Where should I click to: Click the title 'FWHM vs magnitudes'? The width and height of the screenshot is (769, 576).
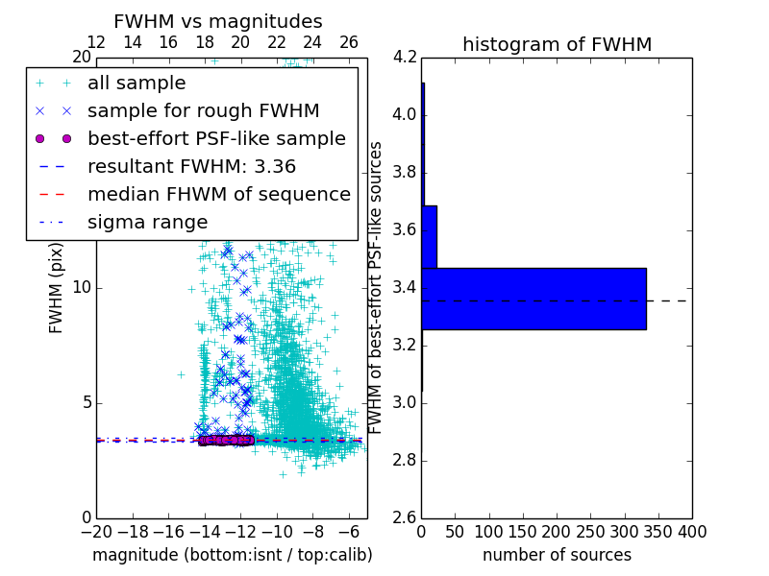point(218,21)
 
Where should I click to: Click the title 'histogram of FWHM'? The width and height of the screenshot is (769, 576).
point(557,44)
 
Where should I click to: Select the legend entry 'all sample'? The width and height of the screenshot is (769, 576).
point(136,84)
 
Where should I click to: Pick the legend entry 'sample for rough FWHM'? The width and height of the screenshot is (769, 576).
point(203,111)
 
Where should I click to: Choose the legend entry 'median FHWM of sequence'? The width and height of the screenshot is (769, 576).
point(218,194)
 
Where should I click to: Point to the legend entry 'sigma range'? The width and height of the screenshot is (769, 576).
point(147,222)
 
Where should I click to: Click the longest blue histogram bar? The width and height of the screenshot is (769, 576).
point(533,299)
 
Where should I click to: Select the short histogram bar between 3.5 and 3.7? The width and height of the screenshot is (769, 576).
point(429,236)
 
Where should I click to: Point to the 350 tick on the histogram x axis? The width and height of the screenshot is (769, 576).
point(658,531)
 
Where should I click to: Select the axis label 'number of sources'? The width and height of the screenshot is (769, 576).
point(557,555)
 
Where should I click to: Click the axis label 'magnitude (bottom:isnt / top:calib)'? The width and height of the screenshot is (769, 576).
point(232,555)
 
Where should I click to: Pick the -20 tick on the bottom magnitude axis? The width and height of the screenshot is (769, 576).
point(96,531)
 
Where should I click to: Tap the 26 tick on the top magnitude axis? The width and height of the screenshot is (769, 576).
point(349,42)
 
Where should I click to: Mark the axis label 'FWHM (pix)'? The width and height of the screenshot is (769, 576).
point(57,287)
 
